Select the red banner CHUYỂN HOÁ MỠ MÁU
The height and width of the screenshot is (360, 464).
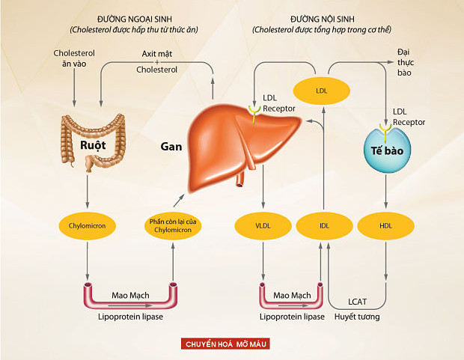tap(225, 344)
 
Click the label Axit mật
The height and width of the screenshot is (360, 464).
tap(157, 55)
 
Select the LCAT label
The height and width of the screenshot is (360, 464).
tap(358, 302)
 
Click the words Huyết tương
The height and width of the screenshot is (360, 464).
tap(358, 317)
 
